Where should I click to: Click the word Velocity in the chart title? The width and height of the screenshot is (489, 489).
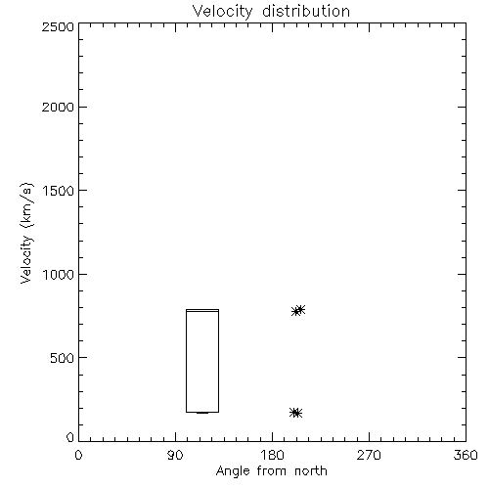click(222, 12)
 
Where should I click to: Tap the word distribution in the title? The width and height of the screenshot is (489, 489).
click(306, 11)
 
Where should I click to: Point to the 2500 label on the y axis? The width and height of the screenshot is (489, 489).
click(58, 26)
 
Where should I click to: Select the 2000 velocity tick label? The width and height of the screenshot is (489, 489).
click(58, 107)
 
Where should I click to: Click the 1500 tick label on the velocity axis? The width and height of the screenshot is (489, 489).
click(59, 191)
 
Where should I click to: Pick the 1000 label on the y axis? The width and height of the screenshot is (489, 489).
click(59, 275)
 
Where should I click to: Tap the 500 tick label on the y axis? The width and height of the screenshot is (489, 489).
click(63, 358)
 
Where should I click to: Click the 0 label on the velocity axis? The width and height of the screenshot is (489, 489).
click(70, 437)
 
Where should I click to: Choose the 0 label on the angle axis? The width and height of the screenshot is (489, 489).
click(78, 455)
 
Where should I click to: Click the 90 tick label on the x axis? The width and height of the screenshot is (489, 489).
click(175, 455)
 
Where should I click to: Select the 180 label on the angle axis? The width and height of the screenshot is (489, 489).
click(272, 455)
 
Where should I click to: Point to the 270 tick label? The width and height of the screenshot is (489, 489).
click(369, 455)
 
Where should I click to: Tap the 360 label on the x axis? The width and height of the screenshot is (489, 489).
click(466, 455)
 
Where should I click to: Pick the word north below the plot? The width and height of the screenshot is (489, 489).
click(311, 471)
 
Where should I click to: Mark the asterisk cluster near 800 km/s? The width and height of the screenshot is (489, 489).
click(298, 310)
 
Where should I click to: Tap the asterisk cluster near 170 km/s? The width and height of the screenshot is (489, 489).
click(295, 413)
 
